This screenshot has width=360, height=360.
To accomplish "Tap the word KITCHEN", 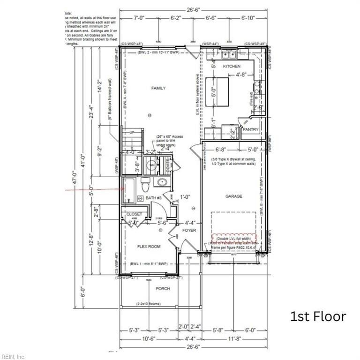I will (231, 67).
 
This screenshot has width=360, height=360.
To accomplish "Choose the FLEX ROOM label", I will (149, 246).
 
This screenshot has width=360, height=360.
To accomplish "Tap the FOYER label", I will (189, 231).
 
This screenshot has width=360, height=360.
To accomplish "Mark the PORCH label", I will (163, 288).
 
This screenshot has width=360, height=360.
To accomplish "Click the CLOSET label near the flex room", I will (134, 214).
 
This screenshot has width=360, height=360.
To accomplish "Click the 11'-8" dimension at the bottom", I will (234, 337).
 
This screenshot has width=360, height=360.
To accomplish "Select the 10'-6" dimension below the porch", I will (149, 337).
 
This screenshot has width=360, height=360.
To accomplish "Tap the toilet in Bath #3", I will (145, 186).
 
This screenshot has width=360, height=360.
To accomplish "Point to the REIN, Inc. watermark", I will (13, 356).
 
